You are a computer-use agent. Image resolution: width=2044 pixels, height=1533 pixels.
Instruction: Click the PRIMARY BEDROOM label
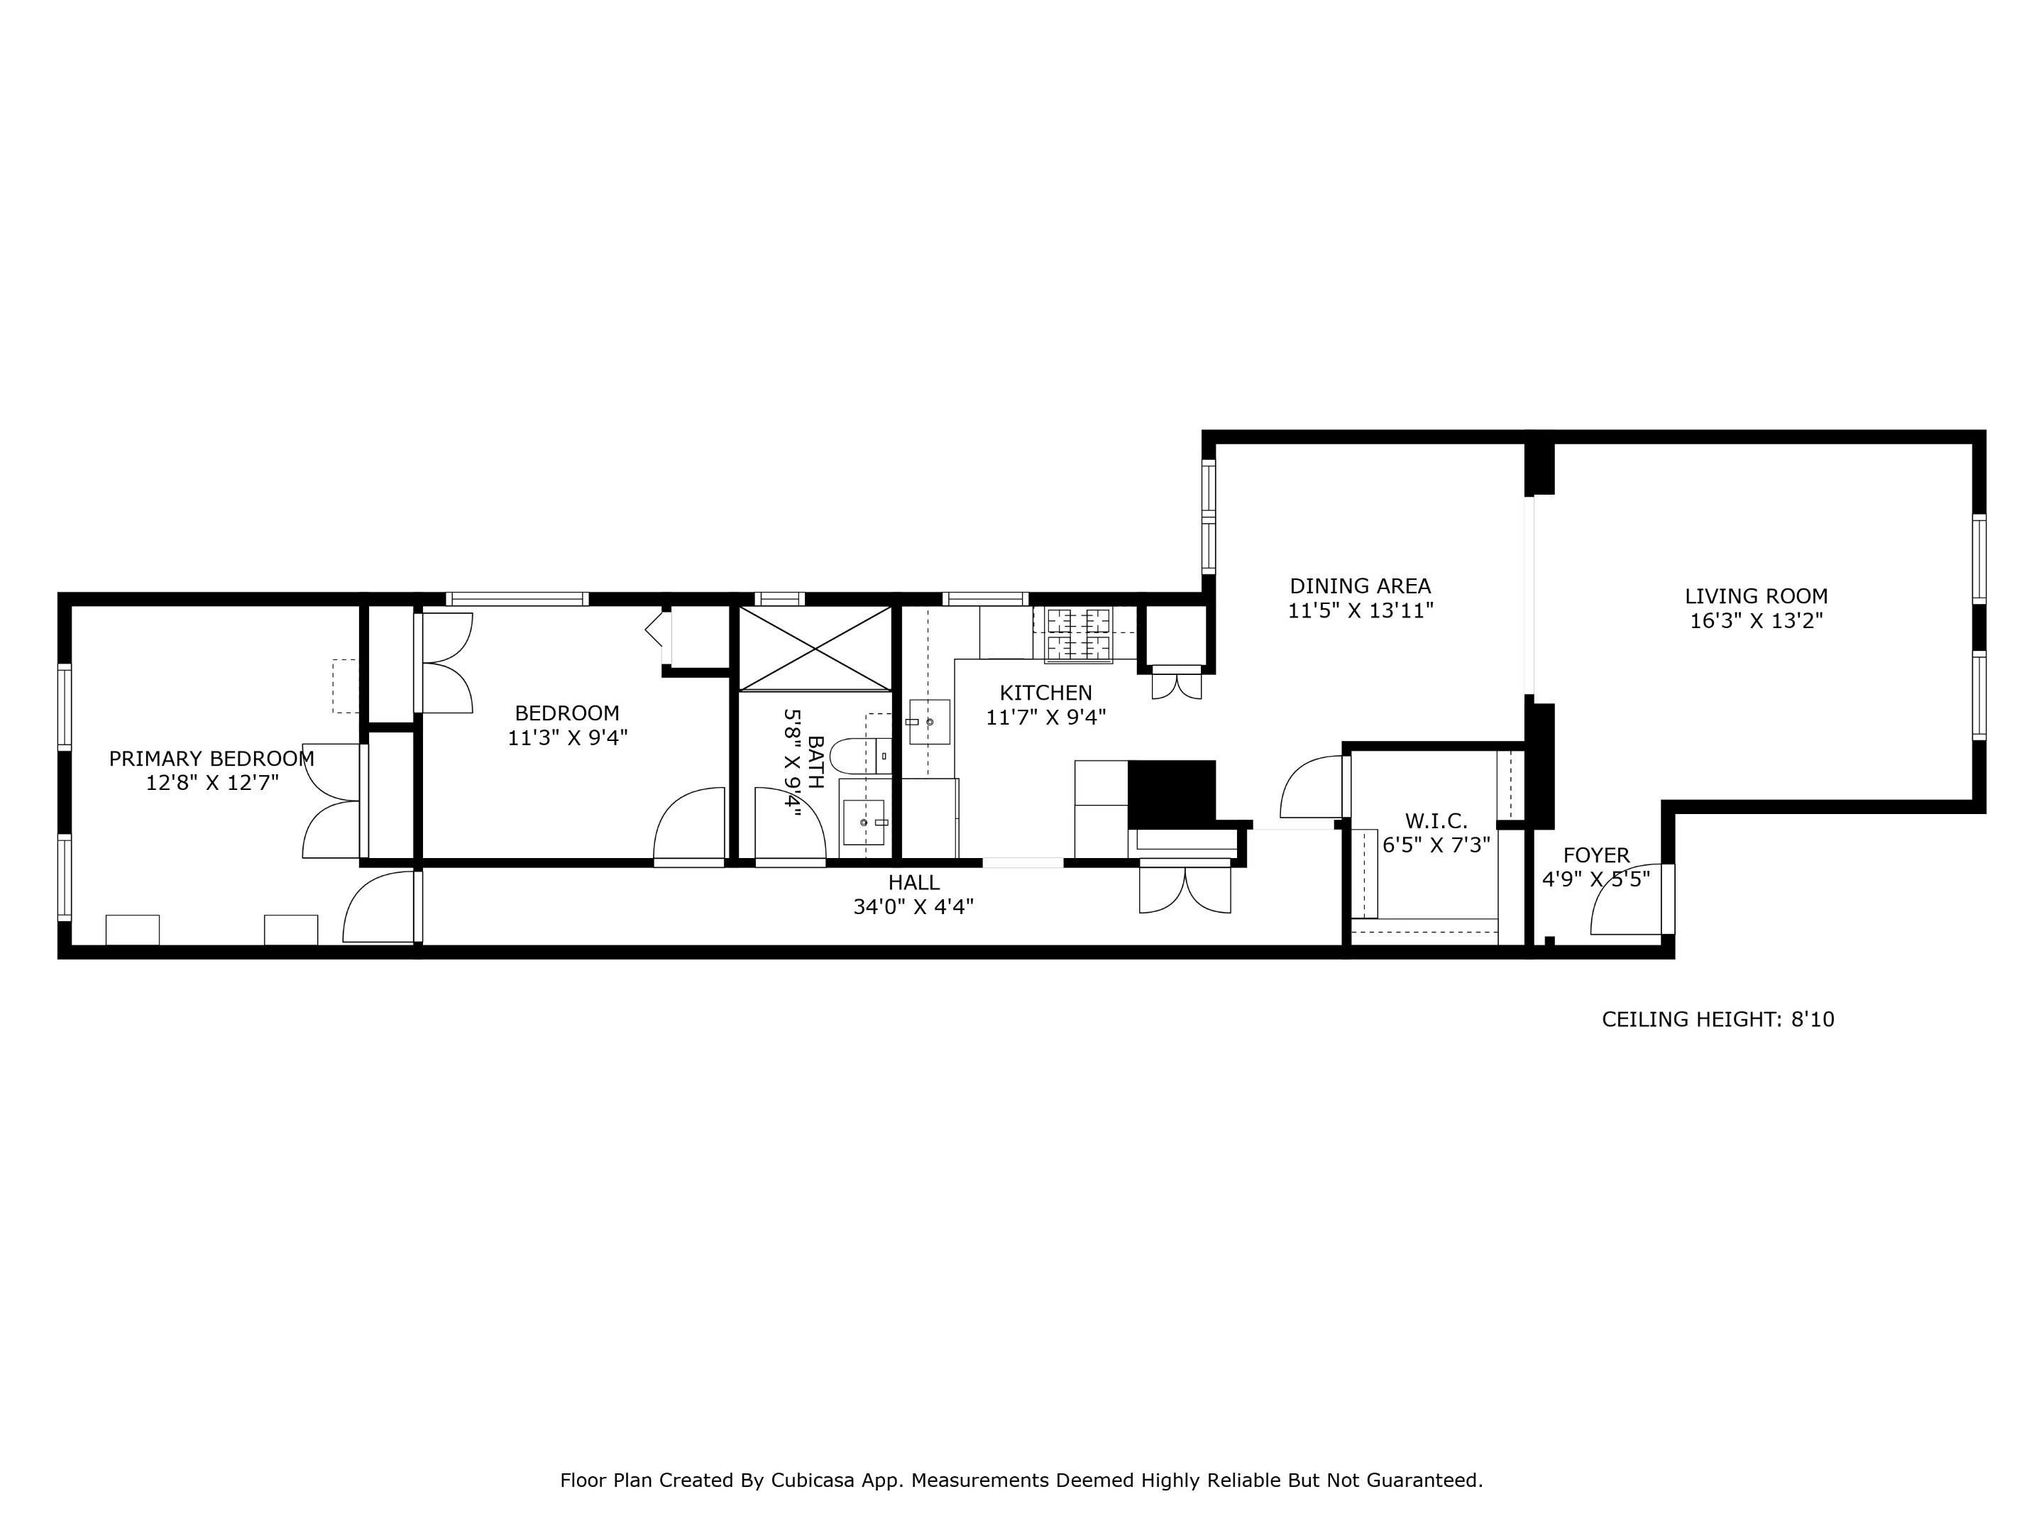pos(211,759)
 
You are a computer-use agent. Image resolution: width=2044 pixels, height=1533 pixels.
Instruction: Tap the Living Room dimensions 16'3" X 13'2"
pos(1756,621)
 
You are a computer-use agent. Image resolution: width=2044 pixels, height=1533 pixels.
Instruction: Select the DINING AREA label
pos(1361,586)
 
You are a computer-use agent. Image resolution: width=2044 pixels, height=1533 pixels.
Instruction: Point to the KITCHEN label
pos(1045,692)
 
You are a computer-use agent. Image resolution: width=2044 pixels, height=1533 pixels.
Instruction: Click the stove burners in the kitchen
pos(1078,633)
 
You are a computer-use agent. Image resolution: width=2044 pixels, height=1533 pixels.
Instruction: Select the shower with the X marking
pos(815,648)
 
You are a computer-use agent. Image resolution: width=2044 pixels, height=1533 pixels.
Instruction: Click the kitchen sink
pos(928,722)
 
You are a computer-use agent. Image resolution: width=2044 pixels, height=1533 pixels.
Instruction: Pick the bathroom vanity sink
pos(864,821)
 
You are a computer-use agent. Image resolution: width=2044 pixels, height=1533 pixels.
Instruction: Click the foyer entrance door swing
pos(1627,900)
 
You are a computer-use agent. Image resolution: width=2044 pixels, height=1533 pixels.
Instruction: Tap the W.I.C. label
pos(1436,820)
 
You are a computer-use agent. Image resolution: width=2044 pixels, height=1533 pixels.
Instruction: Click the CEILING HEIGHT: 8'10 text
pos(1718,1019)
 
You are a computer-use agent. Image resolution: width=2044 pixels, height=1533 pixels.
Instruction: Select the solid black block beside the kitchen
pos(1171,793)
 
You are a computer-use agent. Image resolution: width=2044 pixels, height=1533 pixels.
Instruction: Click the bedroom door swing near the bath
pos(691,823)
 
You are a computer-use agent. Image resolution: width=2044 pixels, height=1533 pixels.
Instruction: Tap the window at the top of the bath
pos(779,599)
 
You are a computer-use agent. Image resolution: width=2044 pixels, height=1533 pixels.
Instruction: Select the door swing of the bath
pos(789,824)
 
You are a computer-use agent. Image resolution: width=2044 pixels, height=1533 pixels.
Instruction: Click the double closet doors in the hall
pos(1185,889)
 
